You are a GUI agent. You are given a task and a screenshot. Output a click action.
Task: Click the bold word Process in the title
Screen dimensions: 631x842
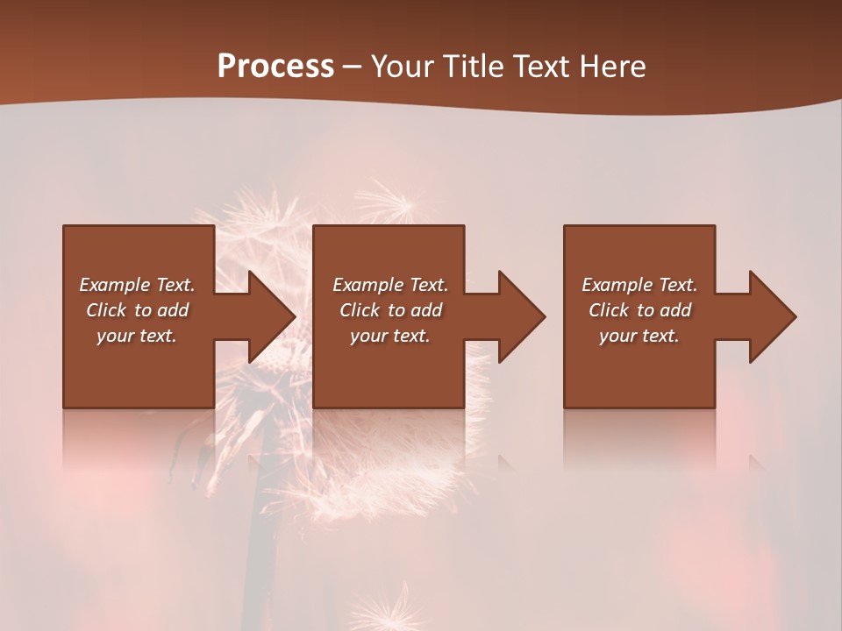point(275,67)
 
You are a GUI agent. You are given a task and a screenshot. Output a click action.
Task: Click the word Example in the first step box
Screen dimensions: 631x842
point(115,285)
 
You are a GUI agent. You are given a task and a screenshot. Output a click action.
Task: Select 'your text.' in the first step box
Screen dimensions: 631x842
point(137,336)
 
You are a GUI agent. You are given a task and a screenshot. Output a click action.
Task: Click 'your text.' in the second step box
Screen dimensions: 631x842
point(389,336)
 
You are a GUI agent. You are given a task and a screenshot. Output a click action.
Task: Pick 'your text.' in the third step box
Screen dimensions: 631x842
point(639,336)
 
